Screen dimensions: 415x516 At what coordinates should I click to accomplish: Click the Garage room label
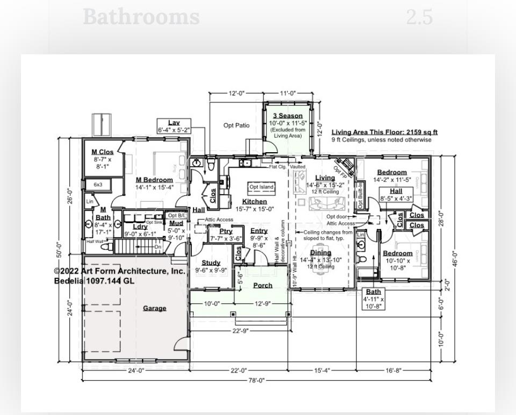154,308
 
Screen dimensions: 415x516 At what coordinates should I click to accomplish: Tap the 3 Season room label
288,116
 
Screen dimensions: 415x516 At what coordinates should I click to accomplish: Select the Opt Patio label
236,125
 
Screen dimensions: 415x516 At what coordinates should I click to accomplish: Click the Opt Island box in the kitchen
261,187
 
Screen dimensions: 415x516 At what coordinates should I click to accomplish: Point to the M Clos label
102,152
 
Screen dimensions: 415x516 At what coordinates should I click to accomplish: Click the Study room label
211,263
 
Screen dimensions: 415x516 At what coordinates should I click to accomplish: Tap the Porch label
263,285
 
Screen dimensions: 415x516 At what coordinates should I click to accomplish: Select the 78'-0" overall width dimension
256,381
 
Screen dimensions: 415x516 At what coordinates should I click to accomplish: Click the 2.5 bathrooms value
419,17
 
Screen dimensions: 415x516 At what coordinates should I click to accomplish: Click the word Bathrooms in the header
141,17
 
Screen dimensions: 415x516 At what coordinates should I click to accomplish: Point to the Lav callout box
174,126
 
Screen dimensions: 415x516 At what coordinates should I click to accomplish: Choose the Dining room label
320,253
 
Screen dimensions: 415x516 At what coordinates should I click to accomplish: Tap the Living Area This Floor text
384,132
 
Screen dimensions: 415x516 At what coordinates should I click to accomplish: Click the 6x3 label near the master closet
98,184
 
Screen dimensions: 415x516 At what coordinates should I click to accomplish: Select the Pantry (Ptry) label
226,231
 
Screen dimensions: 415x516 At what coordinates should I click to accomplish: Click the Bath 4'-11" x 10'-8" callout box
373,299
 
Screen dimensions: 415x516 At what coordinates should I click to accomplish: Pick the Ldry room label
140,227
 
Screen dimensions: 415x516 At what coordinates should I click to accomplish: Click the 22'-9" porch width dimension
240,331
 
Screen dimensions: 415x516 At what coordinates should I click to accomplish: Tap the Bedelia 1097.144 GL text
94,281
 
